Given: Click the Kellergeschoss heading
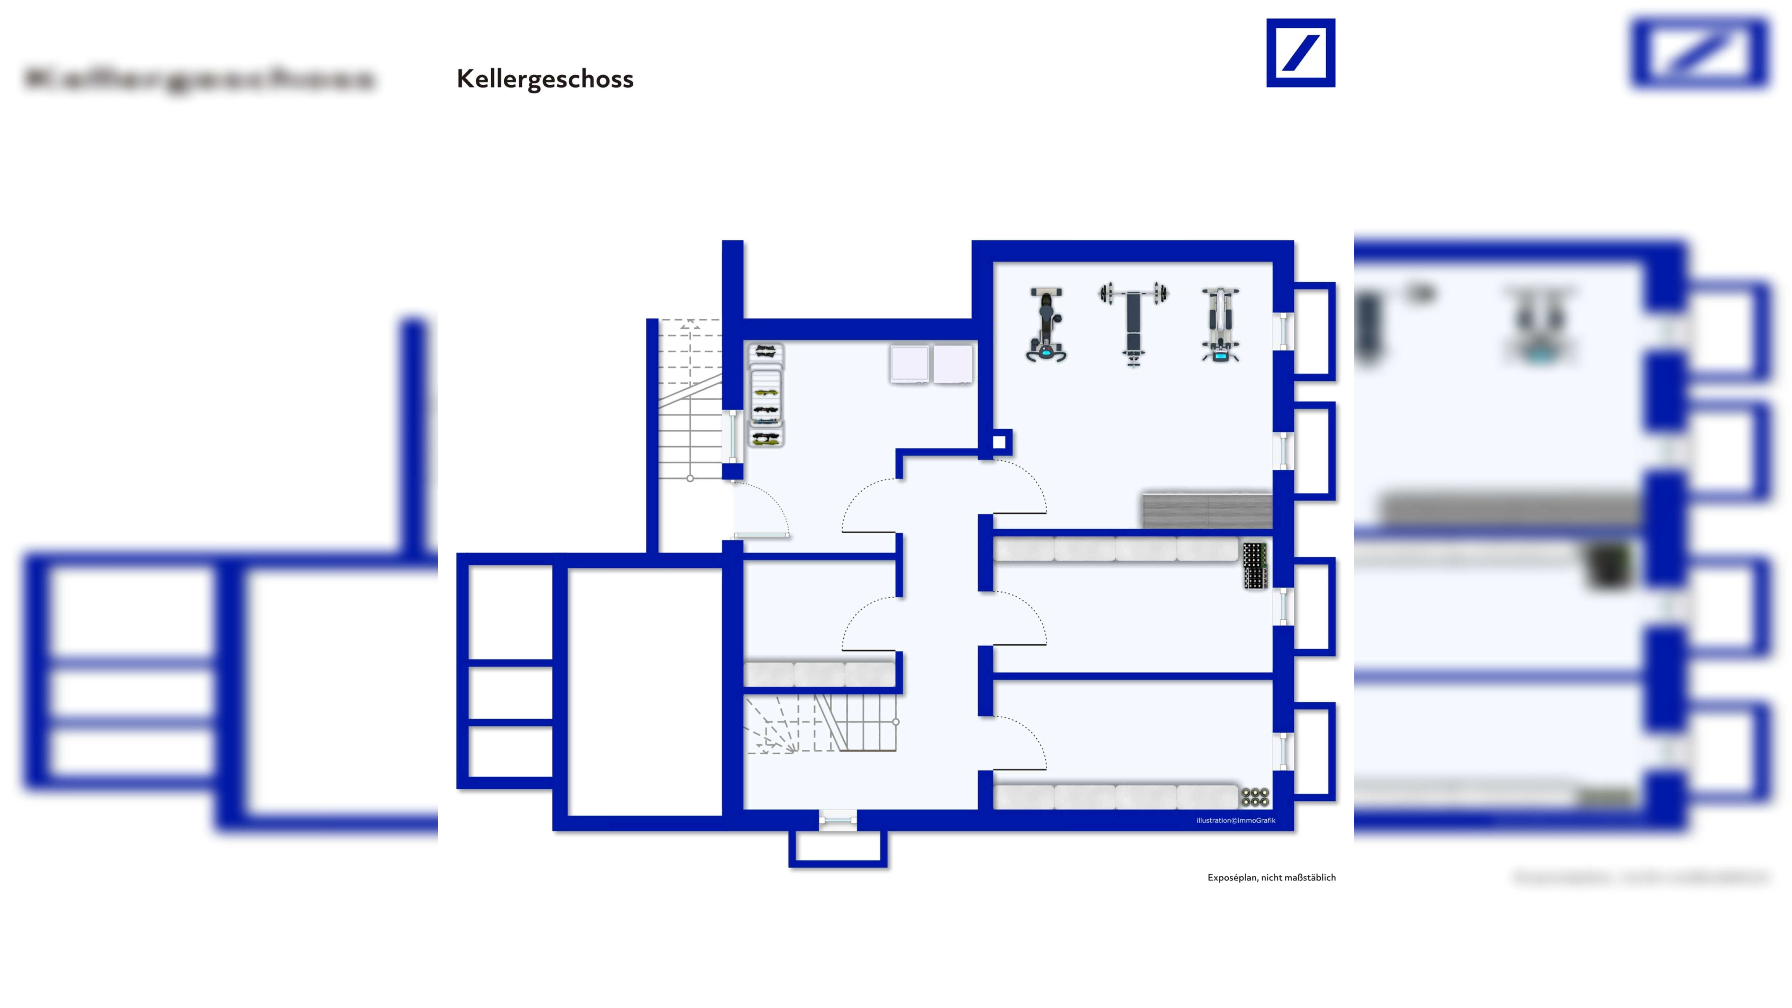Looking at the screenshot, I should coord(545,79).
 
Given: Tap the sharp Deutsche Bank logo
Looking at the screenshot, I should coord(1300,53).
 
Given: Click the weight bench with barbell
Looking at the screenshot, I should coord(1133,323).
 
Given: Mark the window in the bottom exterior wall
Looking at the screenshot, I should coord(838,821).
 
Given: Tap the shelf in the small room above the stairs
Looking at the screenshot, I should coord(820,674).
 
